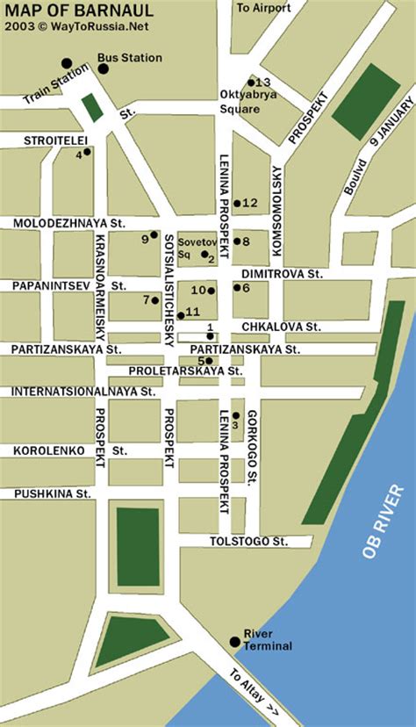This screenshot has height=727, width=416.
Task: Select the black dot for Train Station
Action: coord(67,62)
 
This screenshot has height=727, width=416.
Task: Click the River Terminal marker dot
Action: coord(234,642)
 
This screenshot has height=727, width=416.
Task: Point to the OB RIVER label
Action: coord(384,521)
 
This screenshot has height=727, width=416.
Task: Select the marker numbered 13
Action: coord(251,82)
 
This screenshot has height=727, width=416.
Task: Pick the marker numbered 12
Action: coord(237,203)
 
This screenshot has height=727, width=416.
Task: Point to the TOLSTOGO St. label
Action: coord(248,542)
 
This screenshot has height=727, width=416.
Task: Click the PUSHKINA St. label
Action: coord(53,494)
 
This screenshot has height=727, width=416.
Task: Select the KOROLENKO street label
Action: coord(48,450)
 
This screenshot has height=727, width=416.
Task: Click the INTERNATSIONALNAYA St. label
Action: coord(80,391)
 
